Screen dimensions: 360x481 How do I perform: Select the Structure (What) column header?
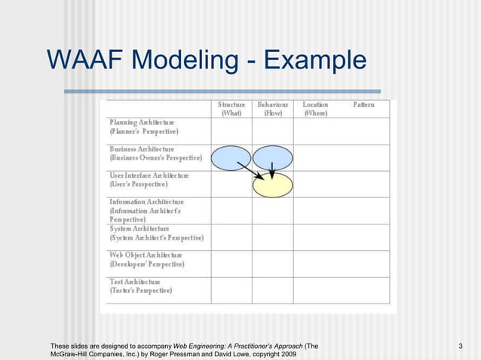click(x=231, y=109)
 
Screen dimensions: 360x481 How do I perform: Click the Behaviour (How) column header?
click(x=272, y=109)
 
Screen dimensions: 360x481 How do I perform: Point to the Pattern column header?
click(x=363, y=105)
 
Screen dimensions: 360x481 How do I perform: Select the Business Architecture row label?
click(x=155, y=154)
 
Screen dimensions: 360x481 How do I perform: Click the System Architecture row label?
click(x=156, y=233)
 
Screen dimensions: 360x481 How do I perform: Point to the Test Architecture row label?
click(x=141, y=285)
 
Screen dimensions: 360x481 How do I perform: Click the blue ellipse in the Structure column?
click(x=230, y=157)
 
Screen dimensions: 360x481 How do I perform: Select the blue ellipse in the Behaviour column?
click(x=272, y=157)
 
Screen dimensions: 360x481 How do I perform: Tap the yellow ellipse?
click(x=272, y=185)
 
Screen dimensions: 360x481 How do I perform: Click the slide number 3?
click(x=460, y=346)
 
